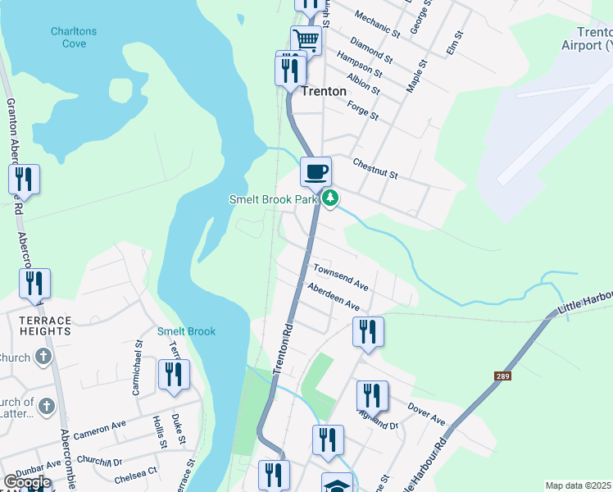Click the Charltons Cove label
tap(73, 37)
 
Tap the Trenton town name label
tap(324, 92)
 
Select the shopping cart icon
tap(306, 39)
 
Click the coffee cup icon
tap(316, 172)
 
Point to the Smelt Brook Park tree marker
tap(330, 198)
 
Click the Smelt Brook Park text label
tap(273, 199)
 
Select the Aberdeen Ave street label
tap(334, 296)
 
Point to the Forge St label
tap(362, 111)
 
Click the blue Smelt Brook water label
tap(186, 331)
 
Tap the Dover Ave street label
tap(426, 415)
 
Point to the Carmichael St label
tap(138, 376)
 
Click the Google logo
tap(27, 482)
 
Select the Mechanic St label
tap(374, 25)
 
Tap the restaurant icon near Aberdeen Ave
tap(368, 332)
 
